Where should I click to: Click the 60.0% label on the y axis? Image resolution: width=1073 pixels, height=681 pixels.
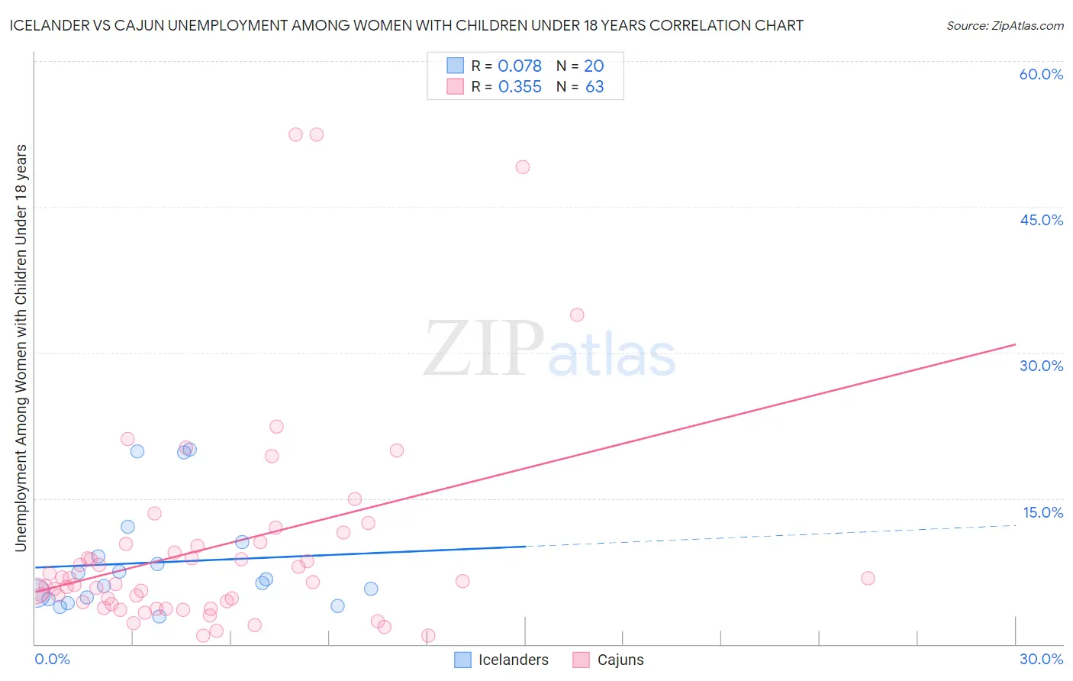click(1041, 74)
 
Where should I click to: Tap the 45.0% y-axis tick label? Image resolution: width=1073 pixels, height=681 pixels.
click(1041, 220)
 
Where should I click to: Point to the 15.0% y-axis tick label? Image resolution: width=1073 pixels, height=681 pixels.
click(1042, 512)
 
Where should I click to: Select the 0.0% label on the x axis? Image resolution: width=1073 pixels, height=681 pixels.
click(52, 659)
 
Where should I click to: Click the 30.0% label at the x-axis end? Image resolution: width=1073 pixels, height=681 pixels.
click(1041, 659)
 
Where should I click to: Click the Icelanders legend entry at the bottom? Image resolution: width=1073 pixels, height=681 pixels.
click(501, 660)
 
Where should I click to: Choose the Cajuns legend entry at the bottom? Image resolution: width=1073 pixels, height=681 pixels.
click(608, 660)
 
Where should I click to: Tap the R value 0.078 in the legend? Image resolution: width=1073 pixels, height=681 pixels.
click(520, 66)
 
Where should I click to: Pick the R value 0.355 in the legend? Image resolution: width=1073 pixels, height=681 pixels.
click(520, 87)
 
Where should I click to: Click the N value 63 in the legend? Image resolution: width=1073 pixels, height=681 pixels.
click(594, 87)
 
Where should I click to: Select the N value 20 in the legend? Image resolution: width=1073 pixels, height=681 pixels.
click(594, 66)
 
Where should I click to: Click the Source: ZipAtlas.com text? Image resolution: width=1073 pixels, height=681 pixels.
click(1004, 26)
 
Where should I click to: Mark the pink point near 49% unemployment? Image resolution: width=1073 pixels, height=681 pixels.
click(523, 167)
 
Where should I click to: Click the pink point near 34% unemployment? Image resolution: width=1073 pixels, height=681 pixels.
click(577, 315)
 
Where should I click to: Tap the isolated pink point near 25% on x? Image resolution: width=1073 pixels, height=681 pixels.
click(868, 579)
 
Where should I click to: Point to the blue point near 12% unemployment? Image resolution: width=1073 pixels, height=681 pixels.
click(127, 527)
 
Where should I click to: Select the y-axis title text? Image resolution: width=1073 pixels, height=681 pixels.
click(21, 347)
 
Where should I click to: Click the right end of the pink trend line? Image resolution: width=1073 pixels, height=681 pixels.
click(1015, 344)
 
